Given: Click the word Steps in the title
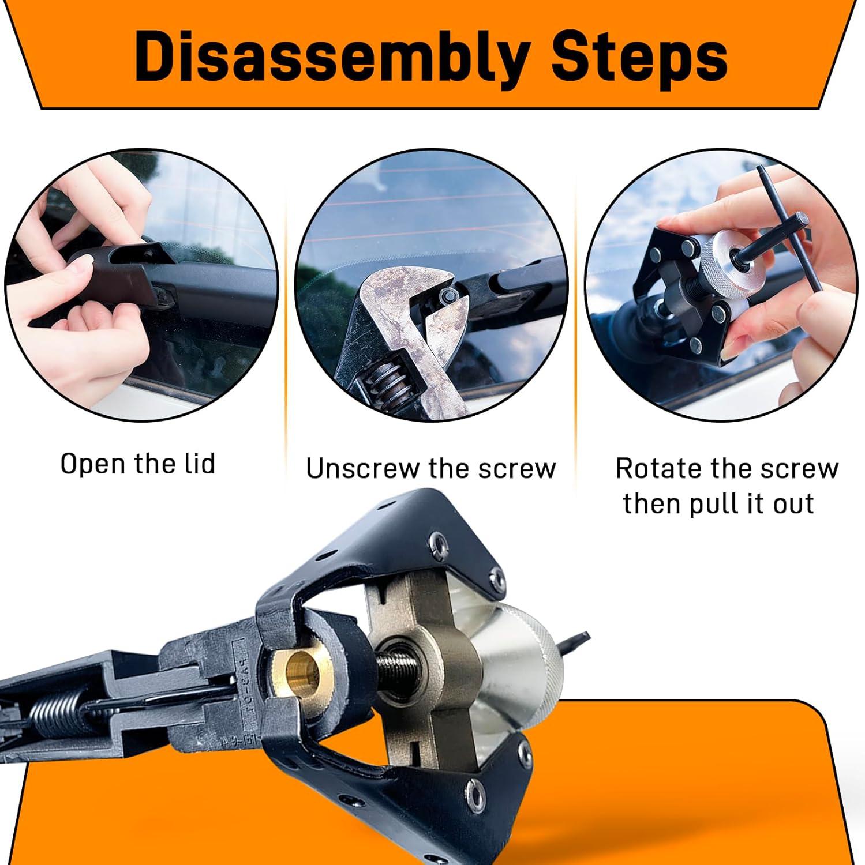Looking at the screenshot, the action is tap(640, 61).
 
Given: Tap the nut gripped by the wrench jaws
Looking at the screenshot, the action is tap(447, 295).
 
